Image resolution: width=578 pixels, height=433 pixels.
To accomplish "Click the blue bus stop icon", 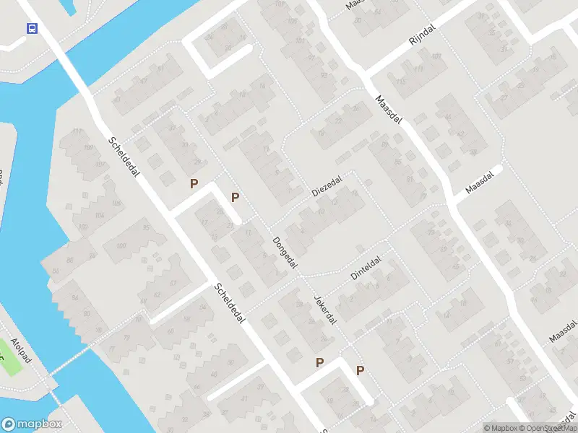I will point(33,28).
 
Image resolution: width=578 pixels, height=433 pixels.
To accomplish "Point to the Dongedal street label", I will point(285,253).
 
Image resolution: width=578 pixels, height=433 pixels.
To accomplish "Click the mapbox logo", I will point(32,424).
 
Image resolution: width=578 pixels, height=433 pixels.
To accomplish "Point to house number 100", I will point(120,247).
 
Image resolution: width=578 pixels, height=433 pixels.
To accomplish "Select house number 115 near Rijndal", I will point(402,82).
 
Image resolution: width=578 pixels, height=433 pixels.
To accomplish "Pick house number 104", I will point(98,216).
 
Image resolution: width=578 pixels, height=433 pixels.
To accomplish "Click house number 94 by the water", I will point(74,296).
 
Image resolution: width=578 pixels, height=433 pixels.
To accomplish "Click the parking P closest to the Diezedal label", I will point(235,197).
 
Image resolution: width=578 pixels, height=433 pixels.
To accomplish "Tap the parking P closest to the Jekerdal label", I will point(319,362).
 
